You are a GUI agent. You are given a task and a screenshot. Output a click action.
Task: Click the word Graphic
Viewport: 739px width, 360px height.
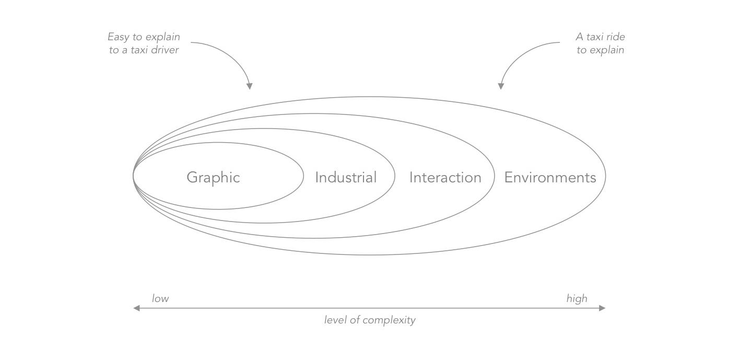[x=213, y=178]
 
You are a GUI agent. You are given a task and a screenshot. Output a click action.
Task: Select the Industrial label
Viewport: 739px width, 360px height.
[x=346, y=178]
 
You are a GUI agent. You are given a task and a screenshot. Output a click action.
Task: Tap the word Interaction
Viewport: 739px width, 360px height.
[x=445, y=178]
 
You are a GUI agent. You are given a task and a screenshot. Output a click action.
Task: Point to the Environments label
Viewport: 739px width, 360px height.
[x=550, y=178]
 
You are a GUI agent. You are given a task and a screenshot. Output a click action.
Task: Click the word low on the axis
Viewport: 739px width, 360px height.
[x=160, y=299]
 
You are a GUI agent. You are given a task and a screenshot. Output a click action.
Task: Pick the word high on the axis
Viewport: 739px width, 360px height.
[x=577, y=299]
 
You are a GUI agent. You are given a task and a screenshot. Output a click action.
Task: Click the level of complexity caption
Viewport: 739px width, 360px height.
[x=370, y=320]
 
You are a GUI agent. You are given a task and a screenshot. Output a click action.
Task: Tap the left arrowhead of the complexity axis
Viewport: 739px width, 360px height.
[x=136, y=308]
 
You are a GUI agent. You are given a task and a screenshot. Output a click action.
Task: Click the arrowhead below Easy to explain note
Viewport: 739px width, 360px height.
[x=250, y=86]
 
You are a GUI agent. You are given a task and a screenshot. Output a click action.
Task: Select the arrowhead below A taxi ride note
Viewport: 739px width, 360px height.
[x=501, y=86]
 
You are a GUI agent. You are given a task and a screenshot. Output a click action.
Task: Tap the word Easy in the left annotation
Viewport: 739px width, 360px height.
[x=118, y=37]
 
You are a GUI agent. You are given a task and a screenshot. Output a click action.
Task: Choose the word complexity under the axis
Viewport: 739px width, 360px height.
[x=389, y=320]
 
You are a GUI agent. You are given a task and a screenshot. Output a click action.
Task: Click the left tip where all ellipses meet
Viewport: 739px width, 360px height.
[x=134, y=176]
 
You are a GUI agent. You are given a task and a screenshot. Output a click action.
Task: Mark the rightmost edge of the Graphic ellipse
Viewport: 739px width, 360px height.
[x=303, y=176]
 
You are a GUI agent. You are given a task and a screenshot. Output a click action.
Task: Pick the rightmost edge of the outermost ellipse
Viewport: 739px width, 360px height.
[x=605, y=176]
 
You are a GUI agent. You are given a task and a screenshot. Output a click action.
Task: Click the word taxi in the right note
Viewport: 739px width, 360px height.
[x=593, y=37]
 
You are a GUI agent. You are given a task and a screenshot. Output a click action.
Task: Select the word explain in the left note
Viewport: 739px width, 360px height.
[x=162, y=37]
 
